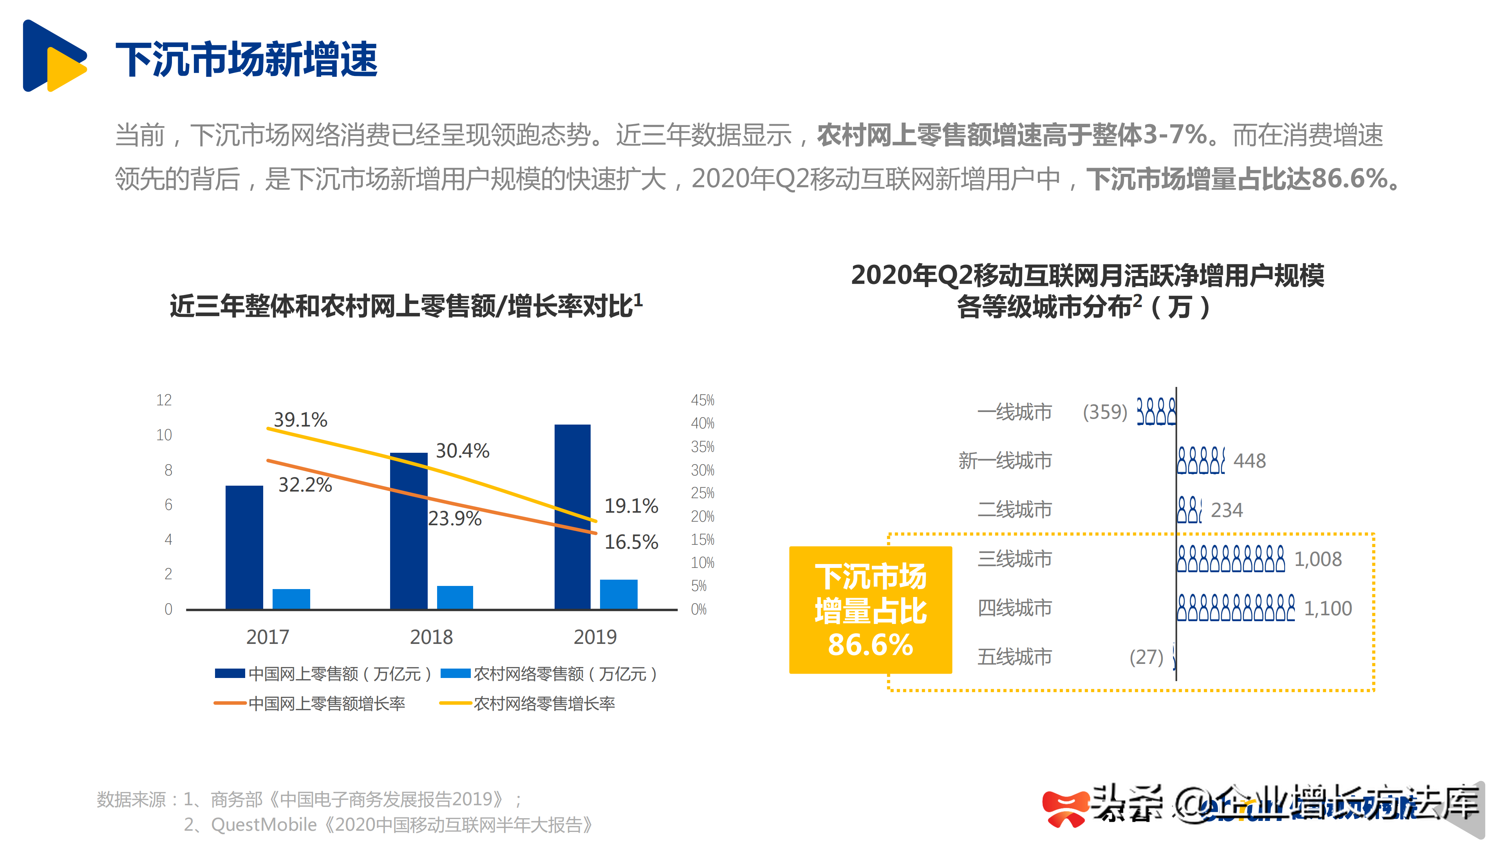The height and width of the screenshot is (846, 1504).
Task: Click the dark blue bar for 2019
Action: point(572,517)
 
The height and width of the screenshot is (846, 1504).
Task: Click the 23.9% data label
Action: point(454,519)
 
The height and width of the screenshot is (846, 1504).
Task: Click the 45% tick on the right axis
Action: point(702,401)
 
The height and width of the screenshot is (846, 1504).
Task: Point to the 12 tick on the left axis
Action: point(164,401)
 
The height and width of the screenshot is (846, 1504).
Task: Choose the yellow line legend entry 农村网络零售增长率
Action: point(528,703)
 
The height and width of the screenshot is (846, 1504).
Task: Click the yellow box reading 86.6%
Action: point(870,610)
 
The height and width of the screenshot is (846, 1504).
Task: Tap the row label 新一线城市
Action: point(1004,461)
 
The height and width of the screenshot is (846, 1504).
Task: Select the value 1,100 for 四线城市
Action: point(1328,608)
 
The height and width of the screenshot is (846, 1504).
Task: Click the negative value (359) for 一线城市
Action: point(1104,412)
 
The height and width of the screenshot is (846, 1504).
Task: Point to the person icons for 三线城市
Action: point(1230,559)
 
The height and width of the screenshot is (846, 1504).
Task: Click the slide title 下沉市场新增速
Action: point(246,60)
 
